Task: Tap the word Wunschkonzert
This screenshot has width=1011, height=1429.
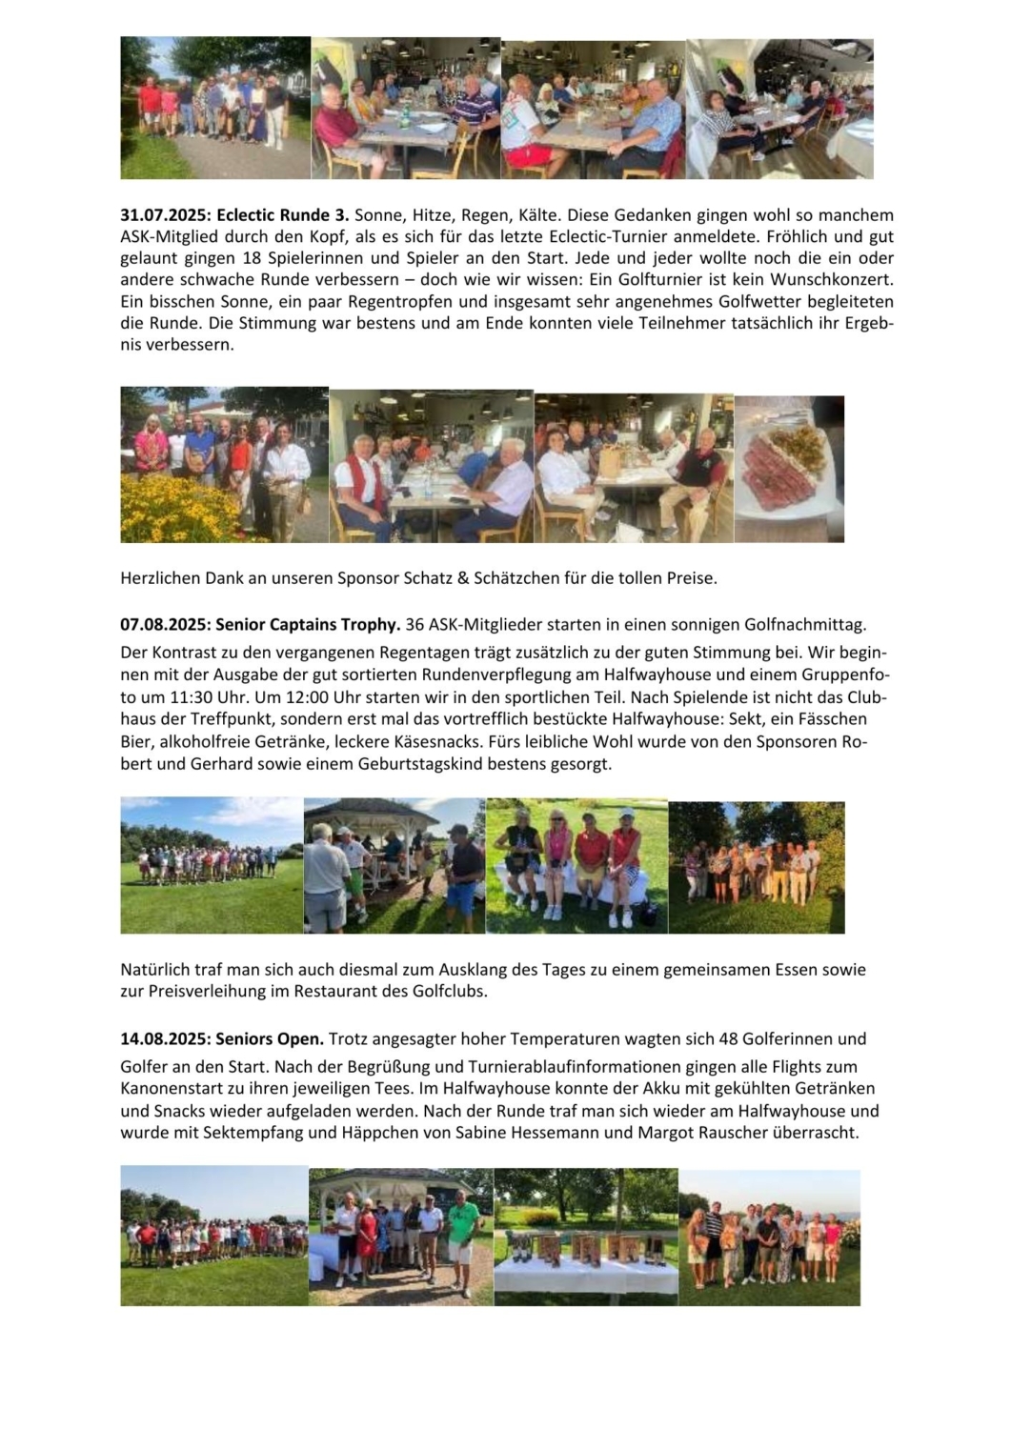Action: pos(842,279)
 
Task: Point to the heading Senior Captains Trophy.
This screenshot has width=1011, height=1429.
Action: pos(307,625)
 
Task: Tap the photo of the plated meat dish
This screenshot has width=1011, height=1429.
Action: pos(789,469)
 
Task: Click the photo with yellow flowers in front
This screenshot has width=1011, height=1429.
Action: pos(224,465)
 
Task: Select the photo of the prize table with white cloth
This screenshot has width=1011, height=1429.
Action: pos(586,1236)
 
